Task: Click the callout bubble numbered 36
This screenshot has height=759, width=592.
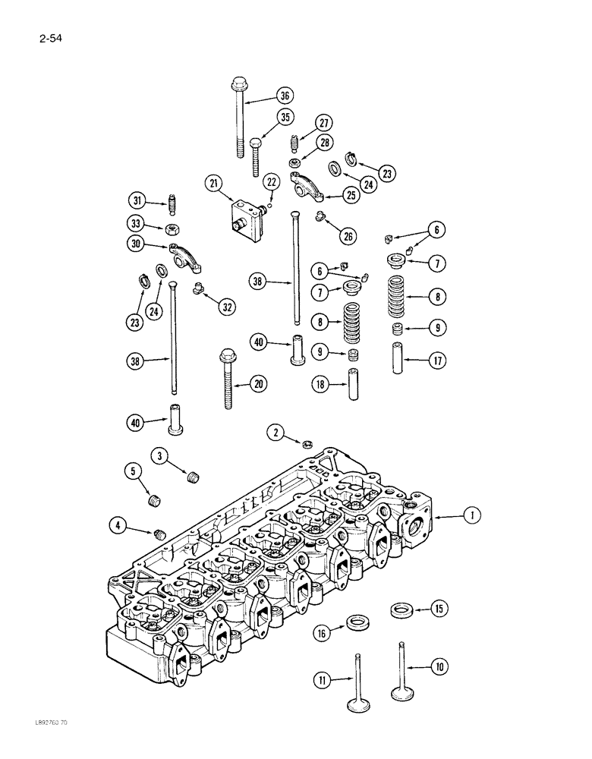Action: pyautogui.click(x=284, y=96)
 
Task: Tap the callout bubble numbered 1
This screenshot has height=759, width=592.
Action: pyautogui.click(x=472, y=516)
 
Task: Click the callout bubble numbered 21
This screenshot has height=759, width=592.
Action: pyautogui.click(x=213, y=183)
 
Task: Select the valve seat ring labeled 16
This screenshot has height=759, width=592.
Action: pyautogui.click(x=354, y=623)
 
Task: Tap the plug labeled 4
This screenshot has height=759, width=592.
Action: pyautogui.click(x=159, y=534)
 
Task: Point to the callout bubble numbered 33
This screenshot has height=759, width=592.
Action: pyautogui.click(x=135, y=223)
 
